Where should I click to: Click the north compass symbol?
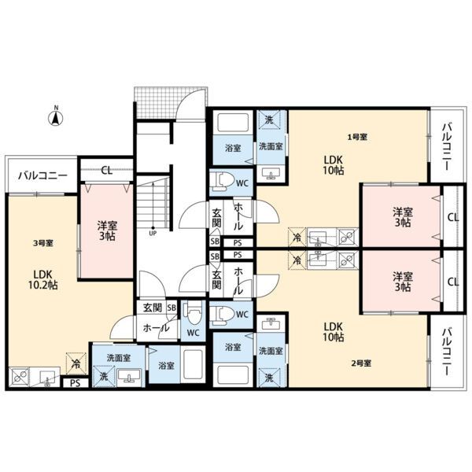point(56,116)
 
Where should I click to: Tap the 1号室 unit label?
point(357,137)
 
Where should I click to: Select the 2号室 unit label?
point(361,363)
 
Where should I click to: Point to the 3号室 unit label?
point(43,243)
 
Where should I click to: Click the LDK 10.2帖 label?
point(43,279)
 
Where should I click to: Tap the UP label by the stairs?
point(153,234)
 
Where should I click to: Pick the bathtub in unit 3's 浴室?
point(193,366)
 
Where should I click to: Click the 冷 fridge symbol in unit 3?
point(76,363)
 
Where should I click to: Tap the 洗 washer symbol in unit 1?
point(269,120)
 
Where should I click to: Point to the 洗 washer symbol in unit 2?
point(269,377)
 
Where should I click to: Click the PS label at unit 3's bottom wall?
point(76,384)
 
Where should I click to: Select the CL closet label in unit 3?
point(106,171)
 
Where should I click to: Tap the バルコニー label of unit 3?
point(42,175)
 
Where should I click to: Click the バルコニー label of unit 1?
point(446,146)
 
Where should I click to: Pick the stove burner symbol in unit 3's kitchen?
point(20,377)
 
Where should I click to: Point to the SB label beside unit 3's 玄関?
point(171,308)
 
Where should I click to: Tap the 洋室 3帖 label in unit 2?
point(403,281)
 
